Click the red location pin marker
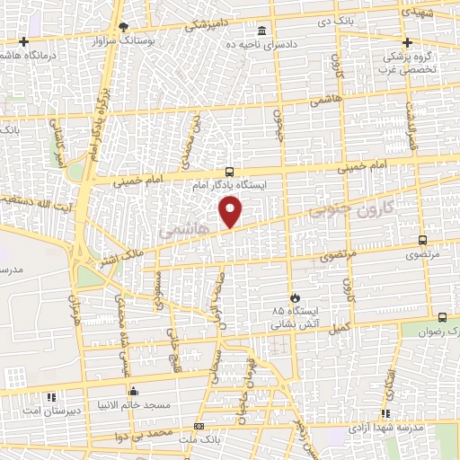tap(232, 212)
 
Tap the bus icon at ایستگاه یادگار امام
tap(231, 171)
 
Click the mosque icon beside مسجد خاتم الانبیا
tap(134, 391)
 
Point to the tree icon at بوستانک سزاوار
tap(122, 27)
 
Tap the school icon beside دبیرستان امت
tap(52, 396)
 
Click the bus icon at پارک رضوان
tap(442, 317)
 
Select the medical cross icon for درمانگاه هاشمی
tap(23, 42)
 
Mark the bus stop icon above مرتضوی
tap(423, 240)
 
